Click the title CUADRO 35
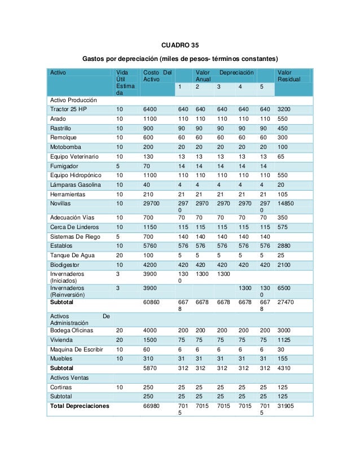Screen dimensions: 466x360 (180, 44)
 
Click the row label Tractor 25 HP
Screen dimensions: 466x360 (68, 109)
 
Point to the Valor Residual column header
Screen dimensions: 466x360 (286, 77)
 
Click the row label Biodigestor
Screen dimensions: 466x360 (65, 265)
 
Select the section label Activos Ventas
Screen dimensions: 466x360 (69, 377)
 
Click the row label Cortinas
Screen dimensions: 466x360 (61, 387)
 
